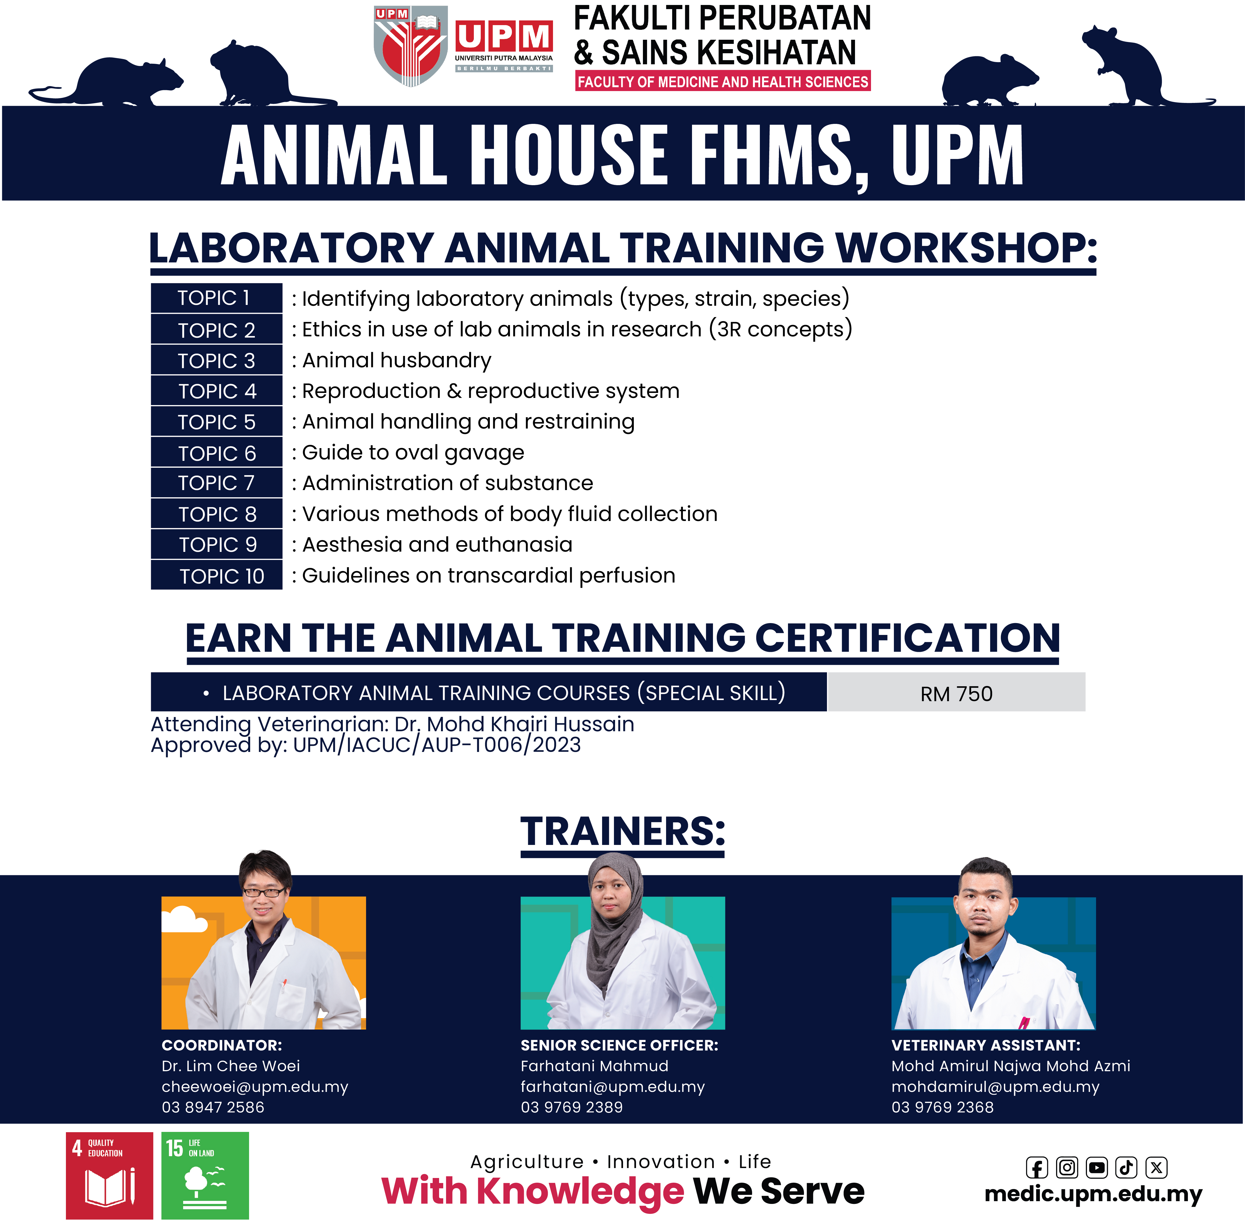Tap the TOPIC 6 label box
(216, 453)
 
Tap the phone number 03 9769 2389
(572, 1108)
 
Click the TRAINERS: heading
(622, 832)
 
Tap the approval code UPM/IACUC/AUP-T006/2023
(436, 745)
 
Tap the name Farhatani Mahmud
(594, 1066)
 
